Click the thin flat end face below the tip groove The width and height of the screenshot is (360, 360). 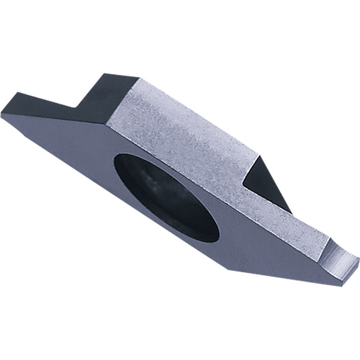click(344, 271)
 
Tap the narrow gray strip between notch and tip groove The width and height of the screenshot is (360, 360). click(302, 223)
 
